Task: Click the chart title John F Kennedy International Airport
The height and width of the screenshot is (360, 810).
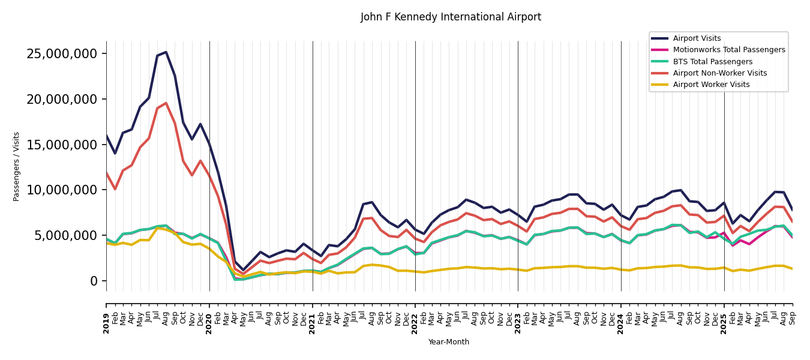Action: coord(451,17)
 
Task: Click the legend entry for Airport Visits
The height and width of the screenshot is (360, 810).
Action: coord(697,38)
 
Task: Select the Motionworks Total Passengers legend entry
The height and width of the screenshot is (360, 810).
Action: coord(728,50)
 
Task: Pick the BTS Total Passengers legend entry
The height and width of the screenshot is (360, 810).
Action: coord(712,62)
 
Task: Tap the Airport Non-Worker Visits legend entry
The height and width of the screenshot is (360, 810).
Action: coord(719,73)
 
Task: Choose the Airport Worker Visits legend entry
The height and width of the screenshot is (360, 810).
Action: coord(711,85)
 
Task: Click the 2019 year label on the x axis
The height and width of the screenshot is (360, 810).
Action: coord(106,323)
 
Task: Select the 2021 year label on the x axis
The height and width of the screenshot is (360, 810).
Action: coord(313,323)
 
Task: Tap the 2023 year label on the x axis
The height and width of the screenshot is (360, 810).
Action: coord(518,323)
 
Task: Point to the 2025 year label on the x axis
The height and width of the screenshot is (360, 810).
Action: coord(724,323)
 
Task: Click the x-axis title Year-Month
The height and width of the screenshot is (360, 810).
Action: coord(449,342)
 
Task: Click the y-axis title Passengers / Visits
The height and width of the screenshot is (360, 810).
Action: coord(17,166)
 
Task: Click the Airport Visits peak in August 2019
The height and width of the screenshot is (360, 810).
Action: coord(166,52)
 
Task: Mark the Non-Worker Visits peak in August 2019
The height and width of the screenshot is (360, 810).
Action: coord(166,103)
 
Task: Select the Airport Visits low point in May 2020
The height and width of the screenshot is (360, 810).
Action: coord(244,271)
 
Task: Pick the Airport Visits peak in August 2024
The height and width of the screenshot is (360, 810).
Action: coord(681,190)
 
